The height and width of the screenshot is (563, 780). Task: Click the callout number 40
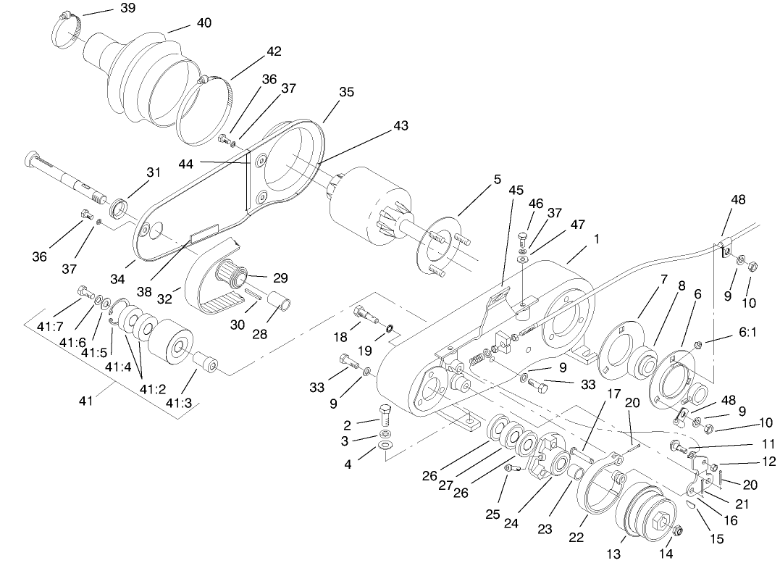tap(204, 23)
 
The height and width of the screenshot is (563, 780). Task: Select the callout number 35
tap(347, 92)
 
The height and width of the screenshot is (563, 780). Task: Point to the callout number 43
tap(401, 125)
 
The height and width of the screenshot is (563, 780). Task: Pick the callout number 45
tap(516, 190)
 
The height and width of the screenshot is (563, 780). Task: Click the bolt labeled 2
tap(385, 416)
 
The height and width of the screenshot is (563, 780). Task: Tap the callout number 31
tap(153, 172)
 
